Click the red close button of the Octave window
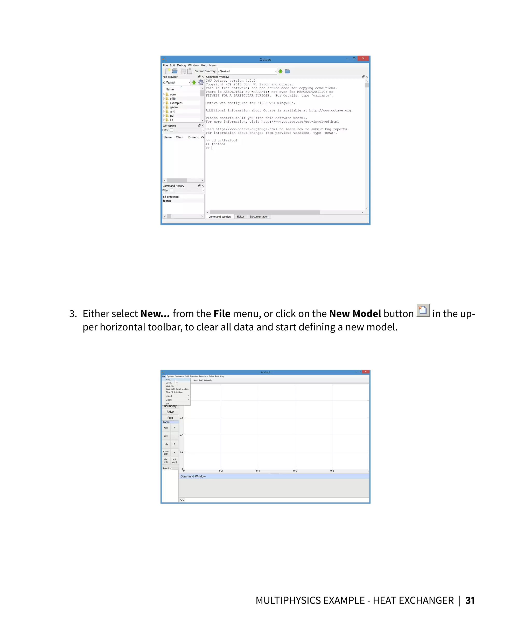click(x=363, y=58)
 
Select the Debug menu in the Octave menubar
click(x=181, y=65)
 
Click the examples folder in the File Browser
click(x=176, y=103)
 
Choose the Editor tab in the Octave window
click(x=241, y=217)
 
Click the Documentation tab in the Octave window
click(x=259, y=217)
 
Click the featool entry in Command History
click(x=167, y=201)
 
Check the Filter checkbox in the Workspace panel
click(x=171, y=130)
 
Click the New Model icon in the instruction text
click(x=423, y=310)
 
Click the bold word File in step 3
click(x=222, y=314)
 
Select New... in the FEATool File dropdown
click(x=169, y=380)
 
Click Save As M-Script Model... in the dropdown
click(x=177, y=389)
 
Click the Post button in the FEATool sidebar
click(x=170, y=418)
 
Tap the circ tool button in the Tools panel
click(x=166, y=436)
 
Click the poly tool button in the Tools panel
click(x=166, y=444)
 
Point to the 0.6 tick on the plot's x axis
click(x=295, y=471)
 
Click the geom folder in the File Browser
click(x=173, y=107)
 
